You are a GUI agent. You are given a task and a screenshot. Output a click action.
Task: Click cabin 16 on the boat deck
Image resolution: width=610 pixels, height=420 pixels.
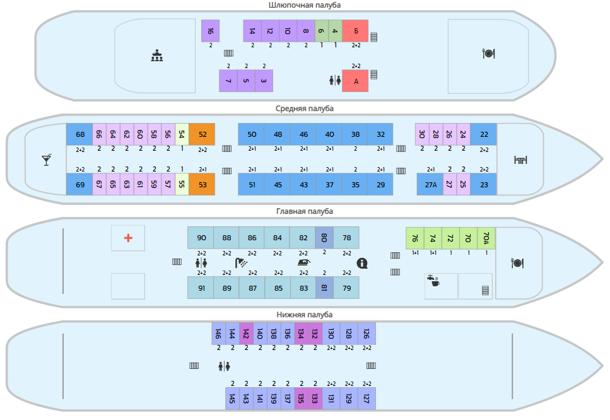pyautogui.click(x=210, y=31)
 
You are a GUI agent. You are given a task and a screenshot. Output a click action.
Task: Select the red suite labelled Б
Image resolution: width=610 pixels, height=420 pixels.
pyautogui.click(x=355, y=31)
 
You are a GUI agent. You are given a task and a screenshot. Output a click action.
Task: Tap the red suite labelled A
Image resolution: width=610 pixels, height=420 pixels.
pyautogui.click(x=355, y=81)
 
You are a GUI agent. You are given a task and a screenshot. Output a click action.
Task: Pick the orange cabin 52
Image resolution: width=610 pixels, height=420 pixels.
pyautogui.click(x=202, y=134)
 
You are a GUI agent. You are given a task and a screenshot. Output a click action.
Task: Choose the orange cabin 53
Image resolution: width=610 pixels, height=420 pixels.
pyautogui.click(x=202, y=184)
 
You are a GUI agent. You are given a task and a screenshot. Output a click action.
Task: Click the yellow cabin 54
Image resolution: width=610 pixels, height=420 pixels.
pyautogui.click(x=182, y=134)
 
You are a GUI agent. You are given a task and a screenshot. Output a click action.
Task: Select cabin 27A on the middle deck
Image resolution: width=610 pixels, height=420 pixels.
pyautogui.click(x=430, y=184)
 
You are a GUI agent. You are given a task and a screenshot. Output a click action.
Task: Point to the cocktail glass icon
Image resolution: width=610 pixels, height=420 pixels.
pyautogui.click(x=47, y=160)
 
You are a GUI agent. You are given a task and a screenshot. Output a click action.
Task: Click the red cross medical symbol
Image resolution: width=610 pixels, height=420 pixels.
pyautogui.click(x=128, y=238)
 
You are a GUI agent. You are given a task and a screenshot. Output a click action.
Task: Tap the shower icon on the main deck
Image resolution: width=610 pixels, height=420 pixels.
pyautogui.click(x=241, y=263)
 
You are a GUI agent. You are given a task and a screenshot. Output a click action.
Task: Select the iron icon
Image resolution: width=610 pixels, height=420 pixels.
pyautogui.click(x=304, y=263)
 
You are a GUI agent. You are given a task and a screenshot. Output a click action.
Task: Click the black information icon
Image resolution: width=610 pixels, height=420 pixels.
pyautogui.click(x=362, y=263)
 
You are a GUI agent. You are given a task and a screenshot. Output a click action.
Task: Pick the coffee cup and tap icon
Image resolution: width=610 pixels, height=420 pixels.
pyautogui.click(x=433, y=281)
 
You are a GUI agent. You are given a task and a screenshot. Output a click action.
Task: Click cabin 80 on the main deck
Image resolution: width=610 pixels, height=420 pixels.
pyautogui.click(x=324, y=238)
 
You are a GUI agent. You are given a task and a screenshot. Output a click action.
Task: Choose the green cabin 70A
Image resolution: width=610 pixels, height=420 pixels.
pyautogui.click(x=486, y=238)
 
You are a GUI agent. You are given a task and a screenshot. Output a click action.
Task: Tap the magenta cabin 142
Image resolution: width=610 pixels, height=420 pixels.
pyautogui.click(x=246, y=334)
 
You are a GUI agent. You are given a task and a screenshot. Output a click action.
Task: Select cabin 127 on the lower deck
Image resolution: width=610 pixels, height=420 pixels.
pyautogui.click(x=367, y=398)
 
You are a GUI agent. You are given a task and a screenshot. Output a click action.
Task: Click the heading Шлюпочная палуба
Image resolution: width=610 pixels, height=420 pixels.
pyautogui.click(x=305, y=5)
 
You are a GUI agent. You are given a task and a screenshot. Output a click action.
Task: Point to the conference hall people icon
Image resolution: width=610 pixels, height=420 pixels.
pyautogui.click(x=157, y=55)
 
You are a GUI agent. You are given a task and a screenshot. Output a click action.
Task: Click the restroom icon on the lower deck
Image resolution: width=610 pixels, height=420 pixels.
pyautogui.click(x=224, y=366)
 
